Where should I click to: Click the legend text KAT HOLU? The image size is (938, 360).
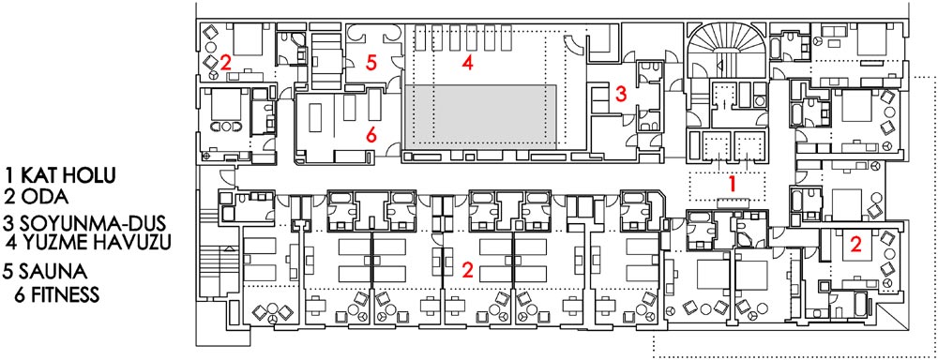[x=67, y=176]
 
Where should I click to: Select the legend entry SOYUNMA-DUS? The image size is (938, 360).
[x=92, y=223]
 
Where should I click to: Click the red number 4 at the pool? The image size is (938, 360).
[x=468, y=63]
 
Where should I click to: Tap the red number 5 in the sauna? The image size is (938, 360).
[x=371, y=64]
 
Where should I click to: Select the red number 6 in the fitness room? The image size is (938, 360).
[x=371, y=136]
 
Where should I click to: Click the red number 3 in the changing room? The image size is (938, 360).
[x=621, y=94]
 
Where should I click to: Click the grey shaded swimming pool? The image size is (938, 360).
[x=481, y=117]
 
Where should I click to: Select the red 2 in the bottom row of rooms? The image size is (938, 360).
[x=468, y=271]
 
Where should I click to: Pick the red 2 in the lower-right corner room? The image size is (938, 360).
[x=856, y=244]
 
